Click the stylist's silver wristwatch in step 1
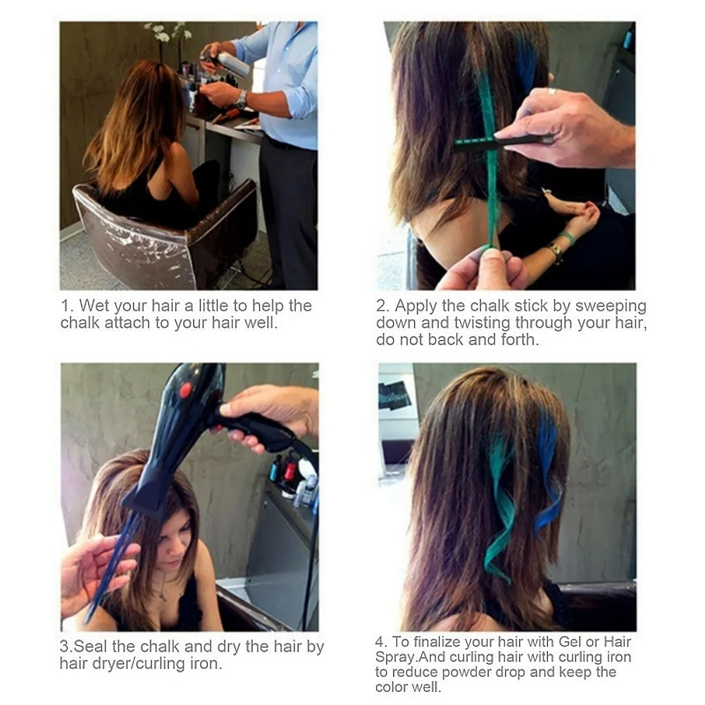tap(242, 100)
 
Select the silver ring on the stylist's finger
tap(553, 91)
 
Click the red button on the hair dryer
tap(186, 389)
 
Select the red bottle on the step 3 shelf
tap(289, 471)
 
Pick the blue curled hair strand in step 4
tap(548, 479)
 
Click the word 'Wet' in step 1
tap(94, 306)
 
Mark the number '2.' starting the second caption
tap(382, 306)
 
